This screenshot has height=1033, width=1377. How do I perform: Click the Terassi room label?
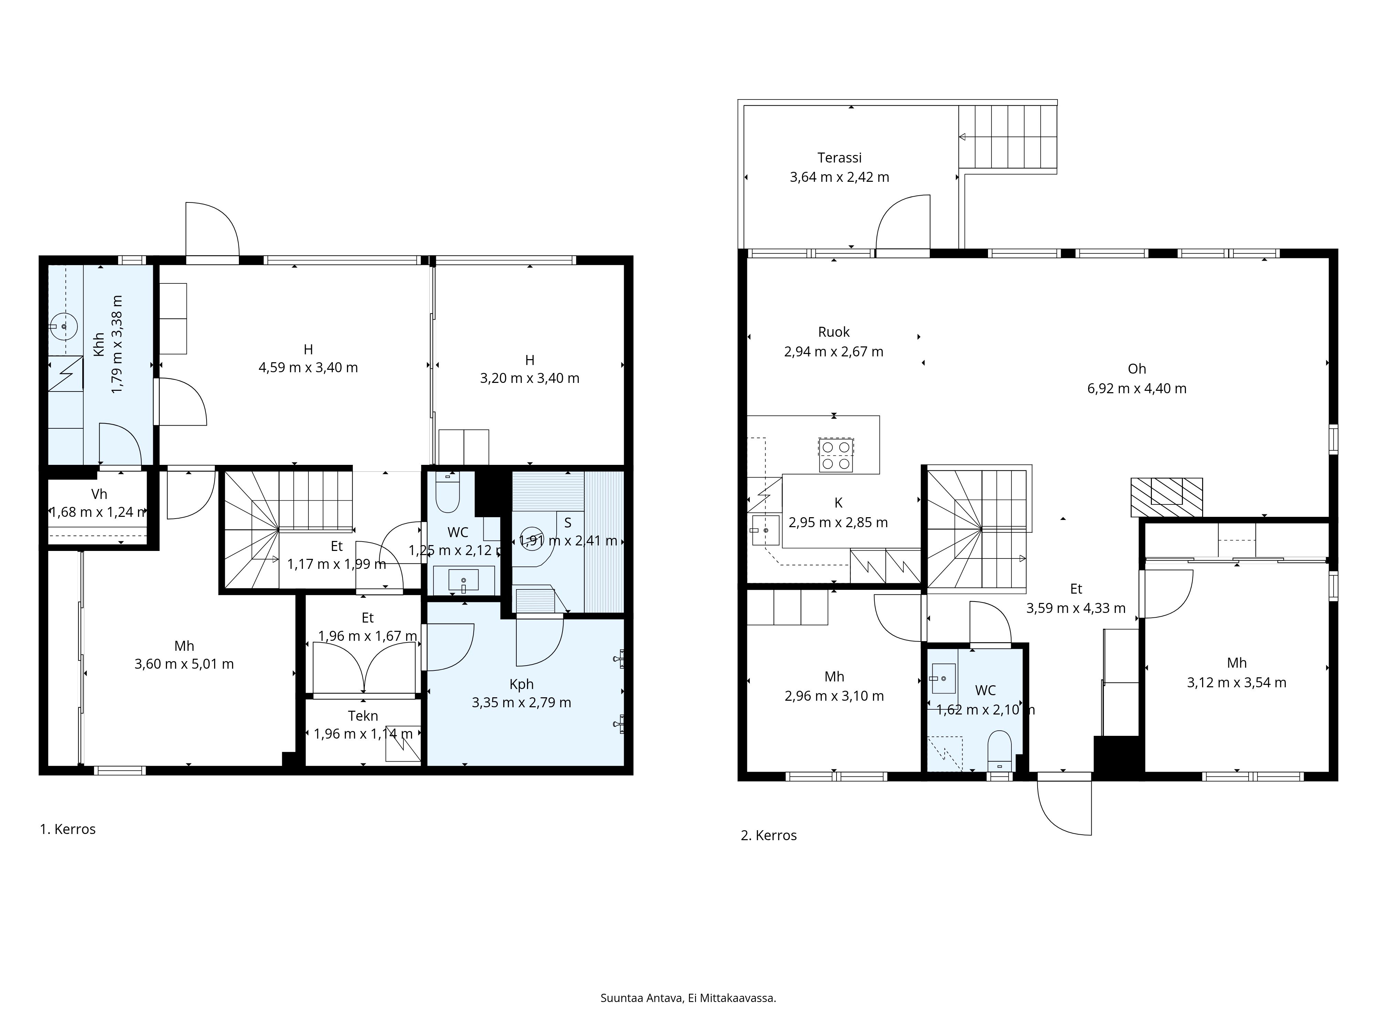(839, 158)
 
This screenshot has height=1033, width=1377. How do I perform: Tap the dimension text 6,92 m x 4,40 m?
(1137, 388)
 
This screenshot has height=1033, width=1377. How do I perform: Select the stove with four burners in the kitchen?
(835, 455)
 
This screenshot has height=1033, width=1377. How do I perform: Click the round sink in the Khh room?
(63, 326)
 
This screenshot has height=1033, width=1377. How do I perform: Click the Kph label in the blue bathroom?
(521, 684)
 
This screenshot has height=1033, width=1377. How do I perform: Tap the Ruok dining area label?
(833, 332)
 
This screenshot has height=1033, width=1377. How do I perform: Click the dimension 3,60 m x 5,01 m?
(184, 664)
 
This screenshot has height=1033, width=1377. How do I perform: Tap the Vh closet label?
(99, 494)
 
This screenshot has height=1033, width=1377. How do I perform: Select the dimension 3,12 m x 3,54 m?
(1236, 682)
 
